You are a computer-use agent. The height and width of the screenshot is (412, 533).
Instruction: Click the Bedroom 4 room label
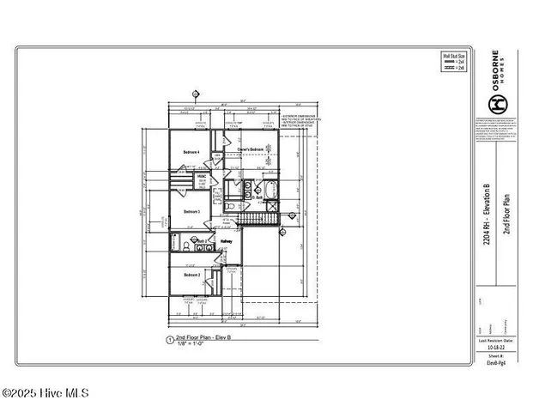click(191, 153)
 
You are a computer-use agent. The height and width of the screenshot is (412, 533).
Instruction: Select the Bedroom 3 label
click(191, 211)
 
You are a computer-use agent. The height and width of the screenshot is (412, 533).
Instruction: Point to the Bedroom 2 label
click(191, 275)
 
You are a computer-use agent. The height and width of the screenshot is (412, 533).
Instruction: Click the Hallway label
click(227, 241)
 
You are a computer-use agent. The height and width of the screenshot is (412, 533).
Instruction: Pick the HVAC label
click(202, 181)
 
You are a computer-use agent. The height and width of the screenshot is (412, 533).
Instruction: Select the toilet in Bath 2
click(186, 246)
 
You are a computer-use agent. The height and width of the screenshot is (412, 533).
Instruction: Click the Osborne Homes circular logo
click(496, 104)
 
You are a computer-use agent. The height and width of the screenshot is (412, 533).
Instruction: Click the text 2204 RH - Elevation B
click(487, 215)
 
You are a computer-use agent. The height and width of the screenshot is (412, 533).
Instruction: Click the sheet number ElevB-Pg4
click(496, 363)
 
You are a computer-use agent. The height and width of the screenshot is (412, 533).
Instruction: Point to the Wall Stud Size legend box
click(453, 64)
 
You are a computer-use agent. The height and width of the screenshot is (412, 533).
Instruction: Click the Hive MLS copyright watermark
click(45, 394)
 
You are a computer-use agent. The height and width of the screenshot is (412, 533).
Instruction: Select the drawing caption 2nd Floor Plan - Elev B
click(204, 339)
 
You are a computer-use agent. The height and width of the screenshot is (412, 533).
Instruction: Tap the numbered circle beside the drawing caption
click(169, 341)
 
